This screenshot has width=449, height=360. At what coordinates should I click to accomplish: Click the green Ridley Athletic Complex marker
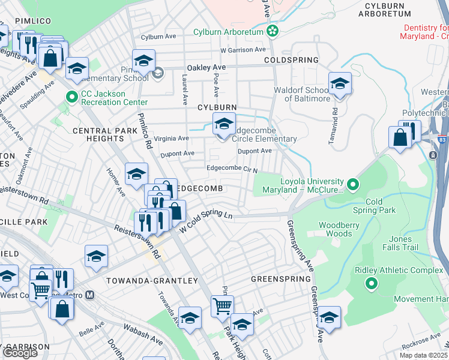point(372,283)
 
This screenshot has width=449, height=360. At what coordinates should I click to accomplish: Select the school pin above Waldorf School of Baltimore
point(340,83)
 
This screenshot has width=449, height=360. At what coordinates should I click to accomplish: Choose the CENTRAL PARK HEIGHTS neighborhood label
point(97,134)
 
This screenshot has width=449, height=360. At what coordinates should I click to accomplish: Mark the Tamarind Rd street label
point(335,120)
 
